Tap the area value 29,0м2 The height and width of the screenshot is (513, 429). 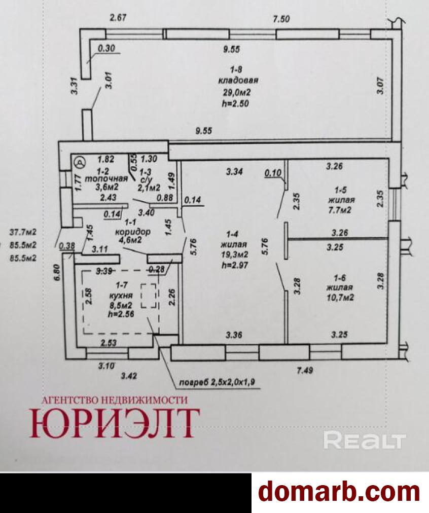coord(235,92)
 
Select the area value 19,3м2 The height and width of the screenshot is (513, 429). coord(235,254)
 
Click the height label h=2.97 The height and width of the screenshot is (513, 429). coord(235,265)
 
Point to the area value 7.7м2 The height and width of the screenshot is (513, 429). coord(341,210)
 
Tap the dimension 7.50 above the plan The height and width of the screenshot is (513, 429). coord(281,19)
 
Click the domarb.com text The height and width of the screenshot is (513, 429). coord(339,491)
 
